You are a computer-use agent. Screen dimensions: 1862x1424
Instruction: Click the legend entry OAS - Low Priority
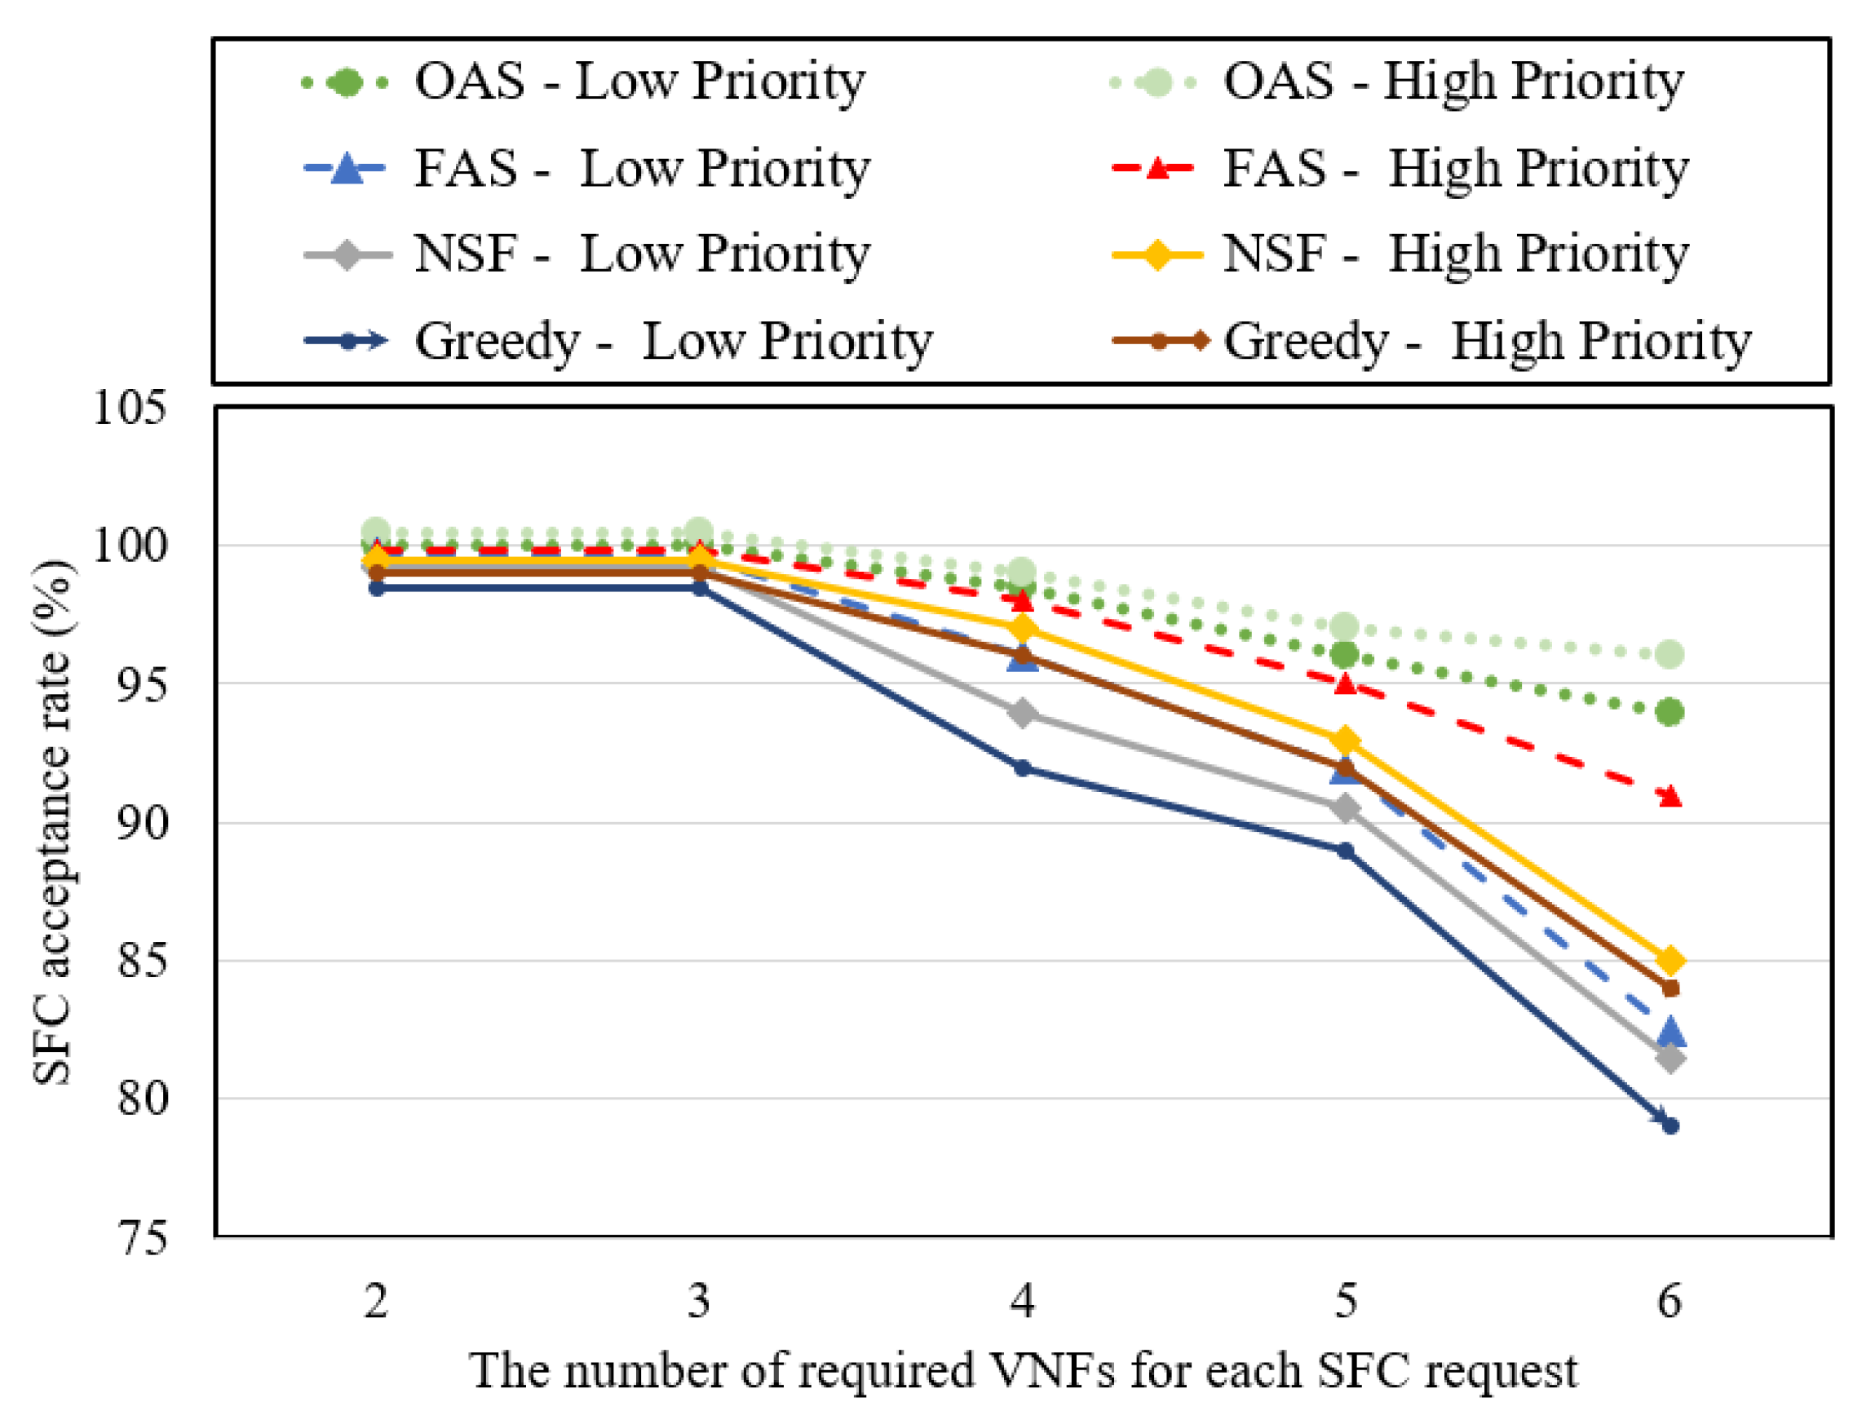tap(584, 82)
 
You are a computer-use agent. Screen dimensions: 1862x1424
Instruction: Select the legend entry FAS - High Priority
tap(1400, 169)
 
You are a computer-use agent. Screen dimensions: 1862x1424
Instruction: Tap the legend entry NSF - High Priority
tap(1400, 254)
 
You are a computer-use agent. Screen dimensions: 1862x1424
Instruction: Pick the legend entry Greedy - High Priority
tap(1431, 342)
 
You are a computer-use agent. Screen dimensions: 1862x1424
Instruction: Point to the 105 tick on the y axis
tap(129, 408)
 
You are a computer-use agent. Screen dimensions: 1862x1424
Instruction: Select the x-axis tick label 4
tap(1022, 1300)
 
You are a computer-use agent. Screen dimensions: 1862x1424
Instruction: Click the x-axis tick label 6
tap(1669, 1300)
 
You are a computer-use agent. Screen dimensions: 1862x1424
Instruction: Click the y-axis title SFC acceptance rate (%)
tap(52, 821)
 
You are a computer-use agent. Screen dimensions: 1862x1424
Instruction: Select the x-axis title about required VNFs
tap(1023, 1371)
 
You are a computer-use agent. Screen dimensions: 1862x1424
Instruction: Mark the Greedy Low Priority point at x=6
tap(1670, 1126)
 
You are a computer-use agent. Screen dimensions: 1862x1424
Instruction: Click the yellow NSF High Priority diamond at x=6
tap(1670, 962)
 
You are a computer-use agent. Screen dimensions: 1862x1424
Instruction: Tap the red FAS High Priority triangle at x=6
tap(1670, 796)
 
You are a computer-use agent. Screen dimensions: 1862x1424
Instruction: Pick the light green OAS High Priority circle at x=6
tap(1670, 654)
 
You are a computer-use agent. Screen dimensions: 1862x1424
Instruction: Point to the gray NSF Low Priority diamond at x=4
tap(1023, 713)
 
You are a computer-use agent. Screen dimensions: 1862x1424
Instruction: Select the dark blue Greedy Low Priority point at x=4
tap(1023, 769)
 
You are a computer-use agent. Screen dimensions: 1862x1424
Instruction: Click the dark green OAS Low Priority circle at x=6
tap(1670, 713)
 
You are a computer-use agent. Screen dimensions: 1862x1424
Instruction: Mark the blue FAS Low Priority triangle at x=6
tap(1670, 1033)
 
